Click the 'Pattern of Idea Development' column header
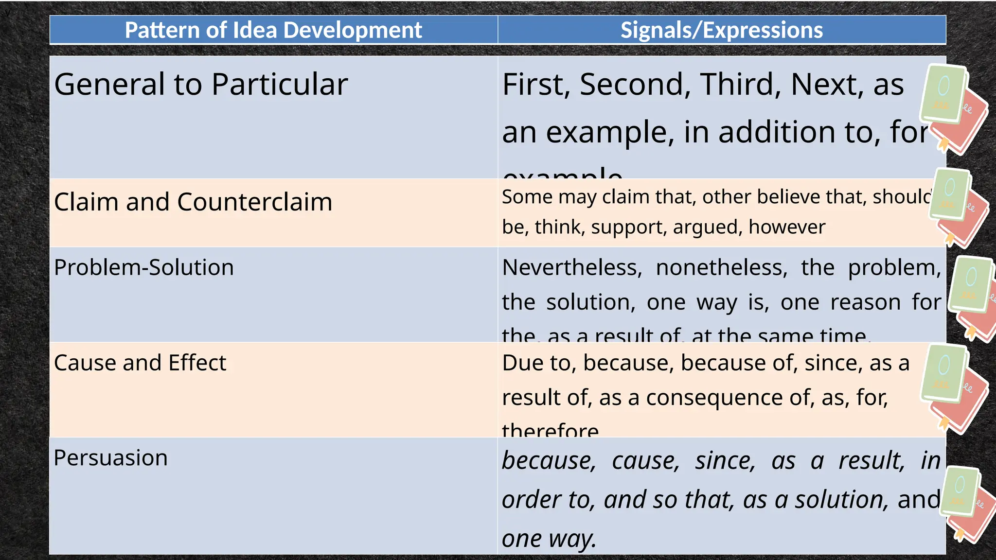click(273, 30)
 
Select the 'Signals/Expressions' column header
click(722, 30)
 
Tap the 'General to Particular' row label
click(201, 84)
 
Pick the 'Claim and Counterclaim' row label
click(193, 202)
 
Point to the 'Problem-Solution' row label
click(144, 267)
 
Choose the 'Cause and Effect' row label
click(140, 363)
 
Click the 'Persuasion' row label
click(111, 458)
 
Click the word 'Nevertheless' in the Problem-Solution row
click(572, 267)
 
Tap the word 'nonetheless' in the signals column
click(721, 267)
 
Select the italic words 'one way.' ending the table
click(549, 539)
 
